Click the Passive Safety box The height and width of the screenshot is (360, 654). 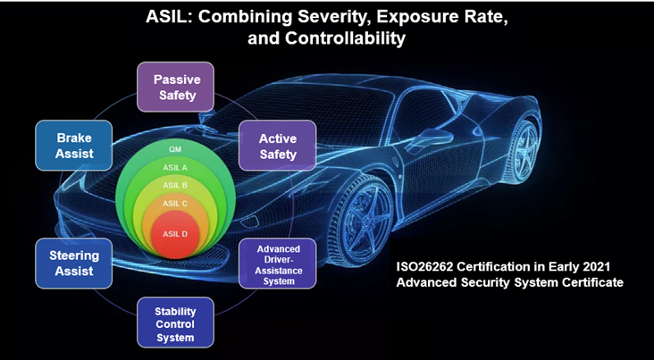tap(175, 87)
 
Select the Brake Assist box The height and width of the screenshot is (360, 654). tap(74, 146)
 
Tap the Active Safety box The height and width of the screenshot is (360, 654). tap(277, 146)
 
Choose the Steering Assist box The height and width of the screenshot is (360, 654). tap(74, 264)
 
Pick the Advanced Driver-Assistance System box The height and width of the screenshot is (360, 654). tap(277, 264)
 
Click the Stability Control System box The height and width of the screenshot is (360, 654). tap(175, 322)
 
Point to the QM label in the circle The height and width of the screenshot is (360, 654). tap(175, 149)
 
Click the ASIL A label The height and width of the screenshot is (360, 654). tap(175, 168)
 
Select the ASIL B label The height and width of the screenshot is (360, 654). tap(175, 185)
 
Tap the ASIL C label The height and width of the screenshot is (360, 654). tap(175, 204)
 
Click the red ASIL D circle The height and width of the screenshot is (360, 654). tap(175, 234)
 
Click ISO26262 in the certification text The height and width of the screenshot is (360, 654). tap(421, 266)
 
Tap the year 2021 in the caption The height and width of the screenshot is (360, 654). tap(598, 266)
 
